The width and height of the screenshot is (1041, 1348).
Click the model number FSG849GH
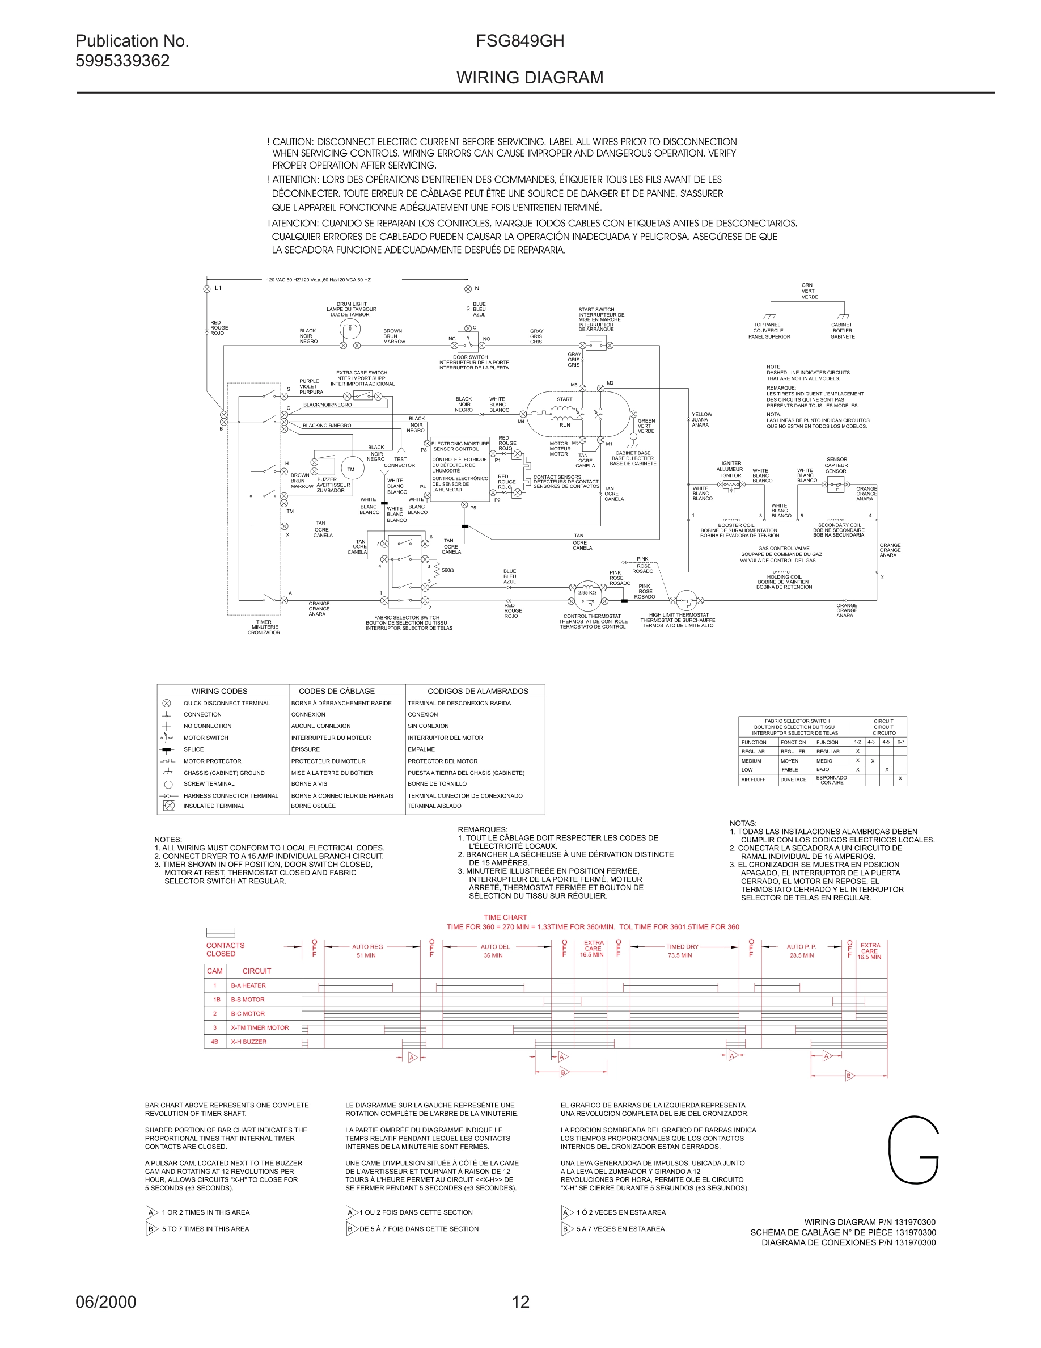click(520, 41)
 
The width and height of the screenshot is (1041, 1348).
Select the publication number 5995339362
click(122, 61)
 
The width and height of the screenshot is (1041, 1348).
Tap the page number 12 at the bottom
click(520, 1301)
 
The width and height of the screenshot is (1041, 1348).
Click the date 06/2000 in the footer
click(106, 1301)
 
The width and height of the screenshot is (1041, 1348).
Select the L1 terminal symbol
click(207, 288)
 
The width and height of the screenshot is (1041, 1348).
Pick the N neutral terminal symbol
click(468, 288)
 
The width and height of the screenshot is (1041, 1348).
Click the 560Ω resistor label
click(448, 570)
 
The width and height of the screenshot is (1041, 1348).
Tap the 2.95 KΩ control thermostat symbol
click(587, 592)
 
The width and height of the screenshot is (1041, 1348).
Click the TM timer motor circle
click(351, 469)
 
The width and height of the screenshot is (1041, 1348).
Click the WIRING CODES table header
click(219, 690)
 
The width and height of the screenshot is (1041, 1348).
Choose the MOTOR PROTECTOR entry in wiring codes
click(212, 761)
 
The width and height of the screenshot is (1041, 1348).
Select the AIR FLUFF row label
click(753, 780)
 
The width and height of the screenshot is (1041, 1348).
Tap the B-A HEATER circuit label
click(248, 985)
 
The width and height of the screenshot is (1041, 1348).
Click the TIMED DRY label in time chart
click(682, 946)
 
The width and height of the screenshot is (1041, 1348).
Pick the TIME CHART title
click(505, 917)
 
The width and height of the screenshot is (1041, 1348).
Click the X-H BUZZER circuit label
click(248, 1042)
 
